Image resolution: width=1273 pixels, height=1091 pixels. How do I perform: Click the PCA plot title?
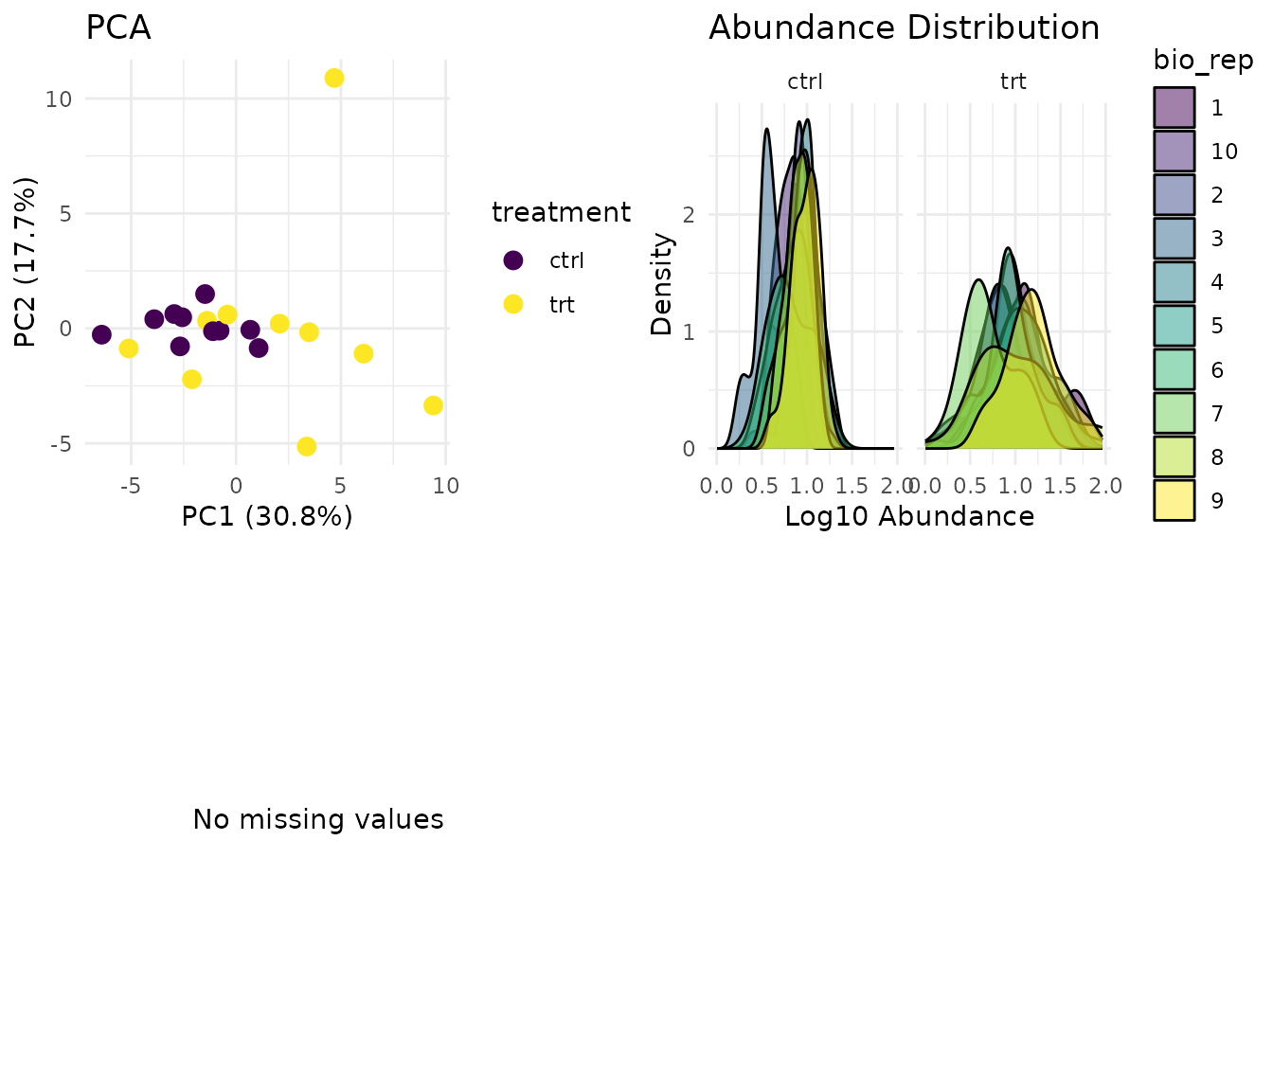tap(118, 28)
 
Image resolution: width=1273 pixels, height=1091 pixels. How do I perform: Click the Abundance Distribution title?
tap(904, 28)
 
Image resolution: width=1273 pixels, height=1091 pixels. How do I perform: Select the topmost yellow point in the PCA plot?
tap(334, 78)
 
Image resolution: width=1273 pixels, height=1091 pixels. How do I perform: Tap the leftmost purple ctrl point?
tap(101, 334)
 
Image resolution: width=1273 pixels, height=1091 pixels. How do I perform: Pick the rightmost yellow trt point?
tap(433, 405)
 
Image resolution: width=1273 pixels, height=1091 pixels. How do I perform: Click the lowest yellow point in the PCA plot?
tap(306, 446)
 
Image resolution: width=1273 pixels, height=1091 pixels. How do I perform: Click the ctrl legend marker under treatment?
tap(513, 259)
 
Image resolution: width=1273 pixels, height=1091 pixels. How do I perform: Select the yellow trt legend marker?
tap(513, 304)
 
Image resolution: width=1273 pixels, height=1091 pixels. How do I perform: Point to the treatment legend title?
tap(561, 212)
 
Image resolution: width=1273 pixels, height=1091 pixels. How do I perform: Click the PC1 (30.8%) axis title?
tap(267, 516)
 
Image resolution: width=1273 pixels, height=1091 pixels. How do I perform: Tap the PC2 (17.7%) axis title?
tap(26, 261)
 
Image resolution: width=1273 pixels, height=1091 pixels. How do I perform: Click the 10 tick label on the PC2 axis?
tap(59, 98)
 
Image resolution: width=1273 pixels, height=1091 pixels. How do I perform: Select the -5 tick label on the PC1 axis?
tap(131, 487)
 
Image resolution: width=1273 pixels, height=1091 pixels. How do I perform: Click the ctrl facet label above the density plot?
tap(805, 81)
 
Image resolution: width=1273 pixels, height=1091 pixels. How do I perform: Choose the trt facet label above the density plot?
tap(1013, 81)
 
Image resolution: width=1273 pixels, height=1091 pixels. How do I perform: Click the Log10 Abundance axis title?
tap(909, 516)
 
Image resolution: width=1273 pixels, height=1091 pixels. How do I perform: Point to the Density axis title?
tap(661, 284)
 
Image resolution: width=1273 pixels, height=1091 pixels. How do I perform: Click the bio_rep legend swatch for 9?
tap(1174, 500)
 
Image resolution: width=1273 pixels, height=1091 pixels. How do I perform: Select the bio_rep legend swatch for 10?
tap(1174, 151)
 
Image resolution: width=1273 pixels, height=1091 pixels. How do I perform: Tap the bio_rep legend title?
tap(1203, 61)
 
